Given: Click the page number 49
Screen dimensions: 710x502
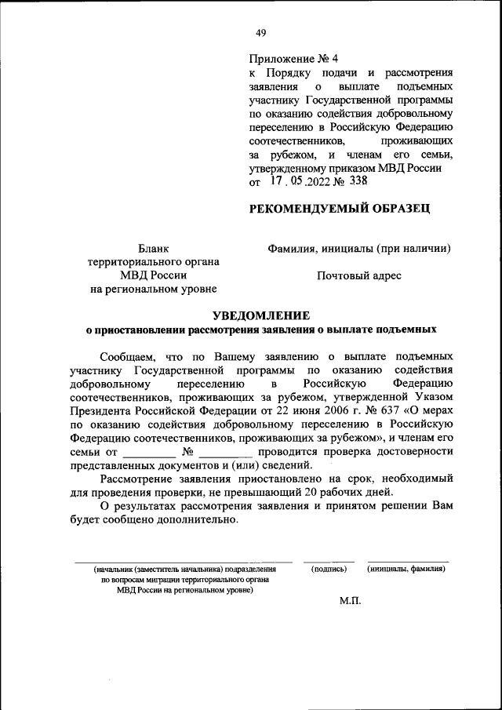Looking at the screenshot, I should [260, 32].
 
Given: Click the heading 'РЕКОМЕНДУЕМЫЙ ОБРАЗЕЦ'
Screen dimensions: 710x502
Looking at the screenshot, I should [339, 209].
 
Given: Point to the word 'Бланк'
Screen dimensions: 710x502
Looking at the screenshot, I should [153, 249].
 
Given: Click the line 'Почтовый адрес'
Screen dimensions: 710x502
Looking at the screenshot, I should [358, 275].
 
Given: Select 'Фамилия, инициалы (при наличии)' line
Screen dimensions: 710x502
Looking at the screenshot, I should [358, 249].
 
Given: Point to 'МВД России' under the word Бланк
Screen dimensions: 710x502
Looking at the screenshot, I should [153, 275].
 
